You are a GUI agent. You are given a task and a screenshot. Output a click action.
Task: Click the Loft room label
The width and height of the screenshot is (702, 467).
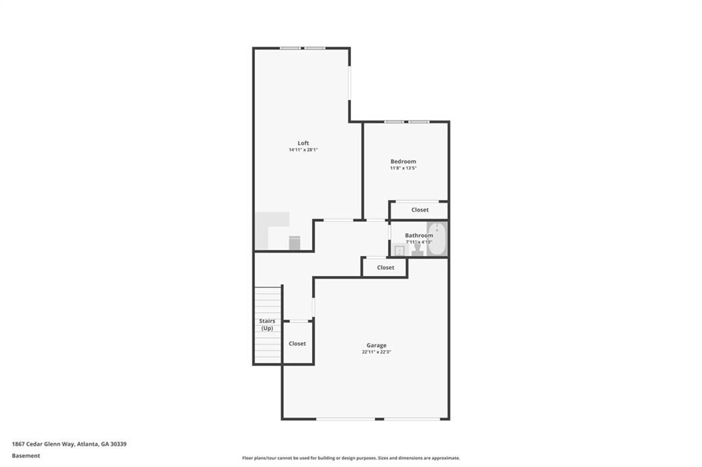303,143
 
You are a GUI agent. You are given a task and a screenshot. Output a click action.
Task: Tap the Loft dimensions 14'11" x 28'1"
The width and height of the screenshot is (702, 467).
303,150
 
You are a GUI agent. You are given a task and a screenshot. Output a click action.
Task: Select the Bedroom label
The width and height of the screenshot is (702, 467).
403,162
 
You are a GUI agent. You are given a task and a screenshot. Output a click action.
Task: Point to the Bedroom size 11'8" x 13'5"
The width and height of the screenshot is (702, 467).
403,168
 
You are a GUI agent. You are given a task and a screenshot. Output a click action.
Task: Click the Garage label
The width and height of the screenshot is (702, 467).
376,345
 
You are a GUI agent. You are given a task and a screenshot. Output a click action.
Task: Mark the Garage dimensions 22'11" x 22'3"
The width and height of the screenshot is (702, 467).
376,352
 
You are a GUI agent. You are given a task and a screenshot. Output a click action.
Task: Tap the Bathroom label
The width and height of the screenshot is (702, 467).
419,236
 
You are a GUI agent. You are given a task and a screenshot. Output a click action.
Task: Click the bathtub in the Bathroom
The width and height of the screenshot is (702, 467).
437,239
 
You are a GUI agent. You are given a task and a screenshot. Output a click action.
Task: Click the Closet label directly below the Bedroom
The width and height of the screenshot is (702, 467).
420,210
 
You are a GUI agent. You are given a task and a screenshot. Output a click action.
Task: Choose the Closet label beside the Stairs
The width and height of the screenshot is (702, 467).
297,344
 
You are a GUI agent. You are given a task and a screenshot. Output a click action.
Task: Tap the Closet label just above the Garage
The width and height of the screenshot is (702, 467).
385,268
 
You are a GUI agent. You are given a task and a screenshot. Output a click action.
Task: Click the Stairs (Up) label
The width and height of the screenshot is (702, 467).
267,325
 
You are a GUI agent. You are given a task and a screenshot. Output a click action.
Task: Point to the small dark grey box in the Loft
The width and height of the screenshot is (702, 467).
294,243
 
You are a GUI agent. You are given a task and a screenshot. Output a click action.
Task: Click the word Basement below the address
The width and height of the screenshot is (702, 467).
26,455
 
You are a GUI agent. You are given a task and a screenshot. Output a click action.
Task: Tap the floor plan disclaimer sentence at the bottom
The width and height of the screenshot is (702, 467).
350,458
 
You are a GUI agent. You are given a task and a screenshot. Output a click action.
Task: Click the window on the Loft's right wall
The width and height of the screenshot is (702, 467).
350,83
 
